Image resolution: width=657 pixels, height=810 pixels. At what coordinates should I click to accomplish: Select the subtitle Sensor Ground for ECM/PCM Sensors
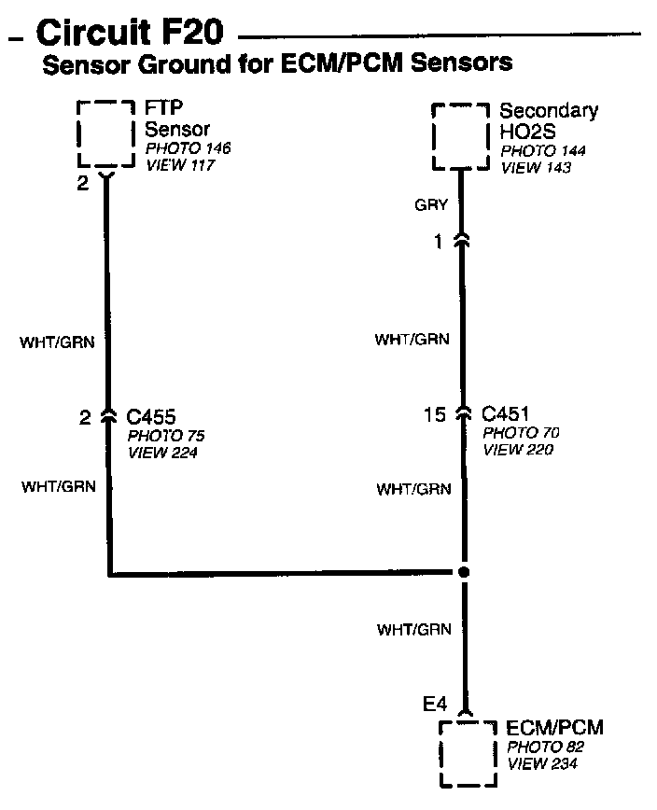(278, 64)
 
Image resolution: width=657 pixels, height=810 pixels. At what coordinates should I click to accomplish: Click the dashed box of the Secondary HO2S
(461, 136)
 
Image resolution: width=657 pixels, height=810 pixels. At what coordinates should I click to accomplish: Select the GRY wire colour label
(432, 205)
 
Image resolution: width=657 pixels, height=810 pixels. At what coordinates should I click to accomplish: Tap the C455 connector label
(151, 417)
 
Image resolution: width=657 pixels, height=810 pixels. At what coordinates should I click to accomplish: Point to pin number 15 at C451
(435, 415)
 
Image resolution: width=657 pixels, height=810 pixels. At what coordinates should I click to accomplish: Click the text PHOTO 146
(188, 148)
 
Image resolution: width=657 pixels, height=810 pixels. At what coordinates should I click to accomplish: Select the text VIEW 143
(536, 168)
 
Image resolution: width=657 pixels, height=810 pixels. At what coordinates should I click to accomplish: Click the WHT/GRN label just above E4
(413, 630)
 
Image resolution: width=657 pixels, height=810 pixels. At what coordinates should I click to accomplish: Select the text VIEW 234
(541, 764)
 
